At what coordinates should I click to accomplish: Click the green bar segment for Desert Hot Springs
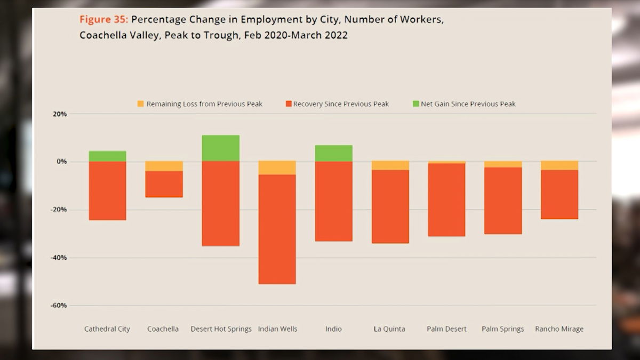[221, 148]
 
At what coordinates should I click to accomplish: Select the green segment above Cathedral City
[107, 156]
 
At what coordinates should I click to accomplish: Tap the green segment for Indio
[334, 154]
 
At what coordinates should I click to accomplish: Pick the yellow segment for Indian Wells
[277, 168]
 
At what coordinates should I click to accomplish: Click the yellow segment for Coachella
[164, 166]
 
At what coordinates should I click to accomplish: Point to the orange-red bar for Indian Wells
[277, 229]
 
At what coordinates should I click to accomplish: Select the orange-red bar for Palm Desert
[446, 200]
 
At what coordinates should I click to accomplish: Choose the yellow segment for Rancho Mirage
[559, 166]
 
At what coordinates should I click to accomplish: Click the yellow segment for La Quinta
[390, 166]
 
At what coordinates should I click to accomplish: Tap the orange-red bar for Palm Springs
[503, 201]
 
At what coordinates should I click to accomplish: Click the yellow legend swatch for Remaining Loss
[141, 103]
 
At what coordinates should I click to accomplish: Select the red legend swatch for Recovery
[289, 103]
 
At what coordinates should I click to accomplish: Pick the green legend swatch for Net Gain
[416, 103]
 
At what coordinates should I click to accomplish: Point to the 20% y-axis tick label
[60, 114]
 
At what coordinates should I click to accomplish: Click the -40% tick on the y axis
[59, 258]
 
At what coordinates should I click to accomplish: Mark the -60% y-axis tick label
[59, 306]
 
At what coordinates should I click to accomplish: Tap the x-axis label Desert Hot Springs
[221, 329]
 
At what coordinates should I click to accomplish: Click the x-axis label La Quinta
[389, 329]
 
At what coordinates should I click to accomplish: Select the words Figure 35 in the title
[103, 20]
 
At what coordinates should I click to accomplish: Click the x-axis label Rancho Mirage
[559, 329]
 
